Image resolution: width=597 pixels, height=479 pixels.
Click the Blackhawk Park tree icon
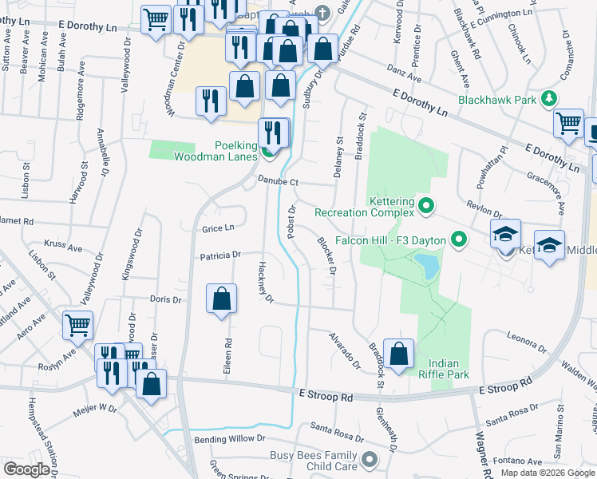tap(548, 100)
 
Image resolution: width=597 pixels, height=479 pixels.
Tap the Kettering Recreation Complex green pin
tap(425, 207)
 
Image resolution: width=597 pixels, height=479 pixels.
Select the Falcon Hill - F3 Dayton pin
tap(458, 239)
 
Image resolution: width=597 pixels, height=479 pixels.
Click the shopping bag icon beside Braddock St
tap(398, 354)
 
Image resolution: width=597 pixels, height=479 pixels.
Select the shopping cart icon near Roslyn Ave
tap(77, 325)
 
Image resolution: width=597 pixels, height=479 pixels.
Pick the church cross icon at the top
tap(322, 13)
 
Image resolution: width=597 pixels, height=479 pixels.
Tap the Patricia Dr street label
tap(220, 255)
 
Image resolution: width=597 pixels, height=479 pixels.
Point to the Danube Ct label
tap(277, 182)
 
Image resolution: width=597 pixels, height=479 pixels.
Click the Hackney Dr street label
tap(266, 283)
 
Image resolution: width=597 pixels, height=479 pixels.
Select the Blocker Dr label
tap(326, 256)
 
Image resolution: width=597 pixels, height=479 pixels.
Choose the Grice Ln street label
tap(217, 228)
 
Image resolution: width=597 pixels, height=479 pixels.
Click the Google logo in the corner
tap(27, 469)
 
